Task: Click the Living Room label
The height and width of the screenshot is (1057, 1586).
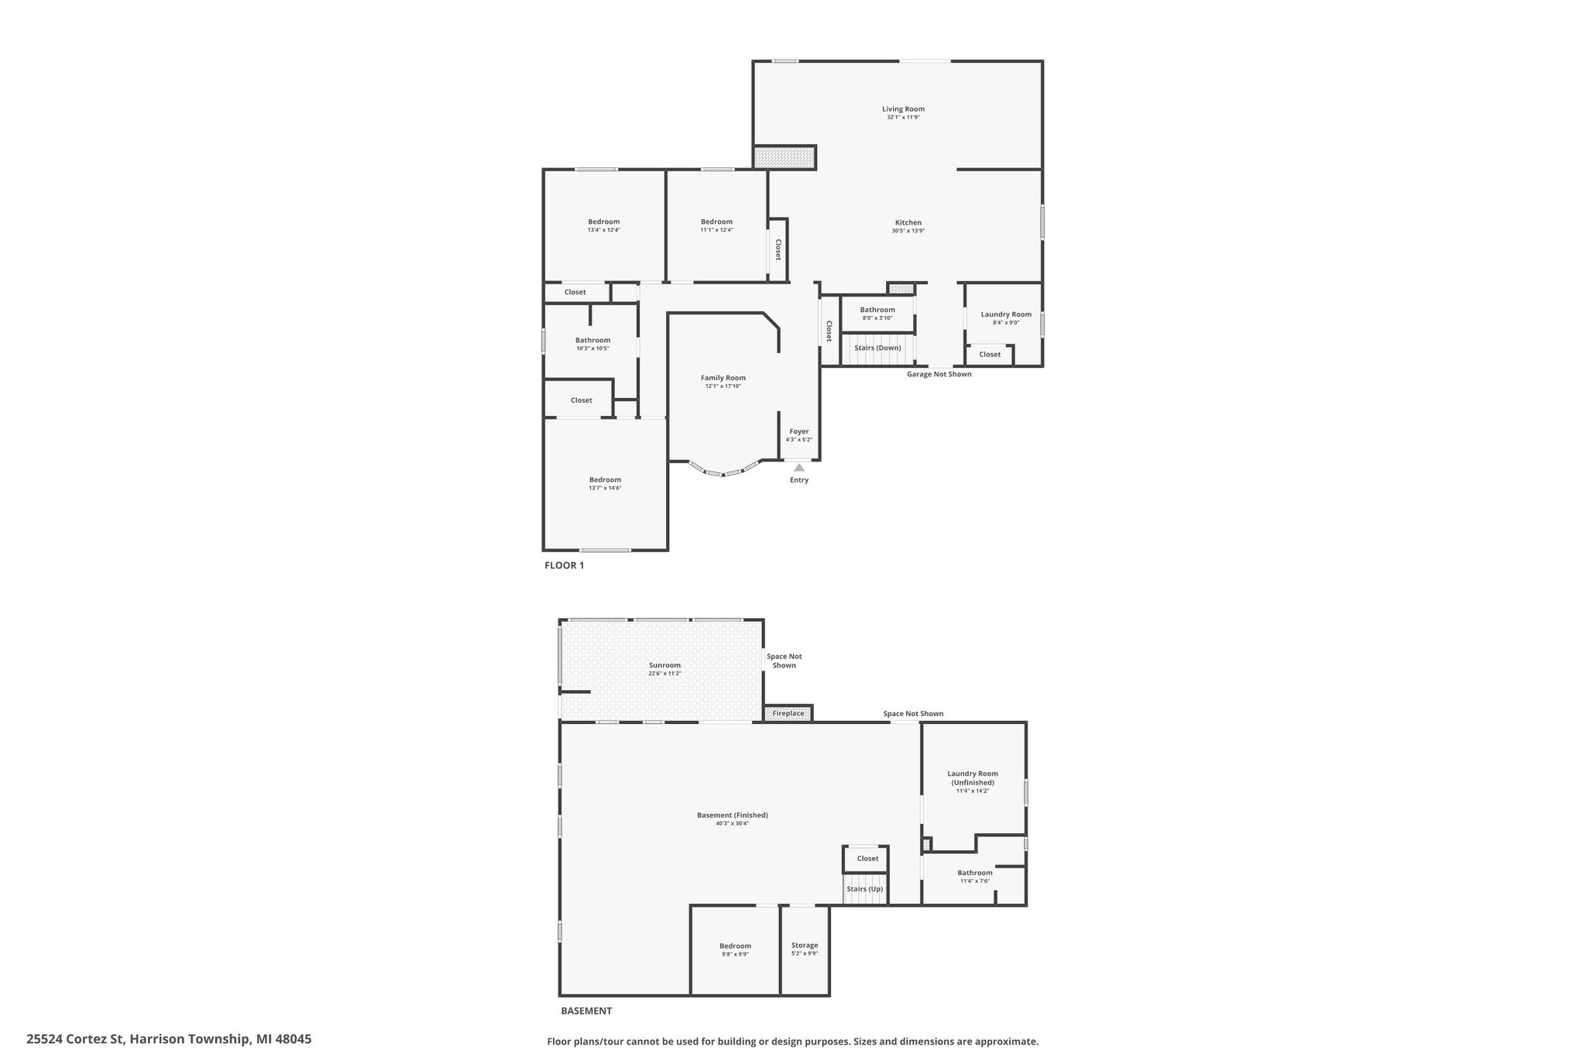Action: (903, 109)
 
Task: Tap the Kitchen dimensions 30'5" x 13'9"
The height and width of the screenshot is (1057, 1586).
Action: (908, 231)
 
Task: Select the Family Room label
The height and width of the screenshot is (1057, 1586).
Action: (723, 378)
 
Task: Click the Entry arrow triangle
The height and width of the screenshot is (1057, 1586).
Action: (799, 467)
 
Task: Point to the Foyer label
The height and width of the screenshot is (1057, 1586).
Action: (799, 431)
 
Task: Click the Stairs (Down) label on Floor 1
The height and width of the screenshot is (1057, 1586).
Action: (877, 348)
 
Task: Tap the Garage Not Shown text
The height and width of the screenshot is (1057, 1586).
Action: (939, 375)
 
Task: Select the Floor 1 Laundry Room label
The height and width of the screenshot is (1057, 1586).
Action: (1006, 314)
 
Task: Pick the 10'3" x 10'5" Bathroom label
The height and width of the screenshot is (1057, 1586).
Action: (592, 341)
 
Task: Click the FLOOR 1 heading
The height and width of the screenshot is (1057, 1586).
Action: (564, 565)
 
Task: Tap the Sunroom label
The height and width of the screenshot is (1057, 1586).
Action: (664, 665)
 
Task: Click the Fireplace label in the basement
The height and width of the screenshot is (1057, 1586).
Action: (788, 713)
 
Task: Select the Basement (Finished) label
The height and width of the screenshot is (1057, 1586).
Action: (732, 815)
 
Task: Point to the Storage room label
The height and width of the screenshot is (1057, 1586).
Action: (805, 945)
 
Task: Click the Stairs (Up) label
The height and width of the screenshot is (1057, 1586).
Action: (864, 889)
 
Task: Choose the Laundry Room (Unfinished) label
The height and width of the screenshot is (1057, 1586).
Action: (973, 777)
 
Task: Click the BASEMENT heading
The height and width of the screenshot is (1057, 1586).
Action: (585, 1011)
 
